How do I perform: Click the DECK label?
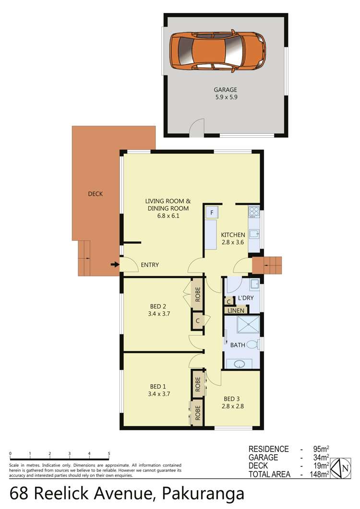tap(96, 194)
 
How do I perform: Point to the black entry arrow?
tap(114, 264)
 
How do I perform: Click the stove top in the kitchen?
tap(254, 212)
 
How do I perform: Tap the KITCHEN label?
tap(233, 235)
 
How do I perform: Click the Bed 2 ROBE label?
tap(197, 293)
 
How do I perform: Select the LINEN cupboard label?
tap(236, 311)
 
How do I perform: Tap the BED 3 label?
tap(232, 399)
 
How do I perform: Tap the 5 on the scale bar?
tap(109, 453)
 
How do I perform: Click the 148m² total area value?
tap(318, 474)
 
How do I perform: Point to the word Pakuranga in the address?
tap(204, 494)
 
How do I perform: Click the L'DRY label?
tap(246, 299)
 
